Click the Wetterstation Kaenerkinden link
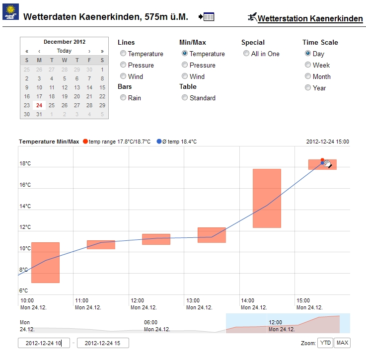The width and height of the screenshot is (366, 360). (310, 19)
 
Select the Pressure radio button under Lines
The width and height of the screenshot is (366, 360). (123, 65)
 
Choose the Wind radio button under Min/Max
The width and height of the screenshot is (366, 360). (185, 76)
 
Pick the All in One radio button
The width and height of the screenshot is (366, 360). (246, 54)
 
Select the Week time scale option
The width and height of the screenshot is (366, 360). (308, 65)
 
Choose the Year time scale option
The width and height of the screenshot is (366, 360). (308, 88)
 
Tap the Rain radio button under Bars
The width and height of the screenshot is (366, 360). (123, 98)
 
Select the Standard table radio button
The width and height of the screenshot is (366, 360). (185, 98)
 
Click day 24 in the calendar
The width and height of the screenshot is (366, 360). (39, 105)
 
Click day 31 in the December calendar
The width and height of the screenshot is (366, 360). (39, 114)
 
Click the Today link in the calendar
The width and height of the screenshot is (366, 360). (64, 51)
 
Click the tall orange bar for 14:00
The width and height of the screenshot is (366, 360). (267, 198)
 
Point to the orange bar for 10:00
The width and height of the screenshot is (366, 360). (45, 263)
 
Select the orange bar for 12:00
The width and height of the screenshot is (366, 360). (156, 239)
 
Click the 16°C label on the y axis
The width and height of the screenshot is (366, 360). (25, 185)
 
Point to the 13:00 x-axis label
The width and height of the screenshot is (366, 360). (193, 300)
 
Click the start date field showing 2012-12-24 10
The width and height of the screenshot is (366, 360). (44, 343)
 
